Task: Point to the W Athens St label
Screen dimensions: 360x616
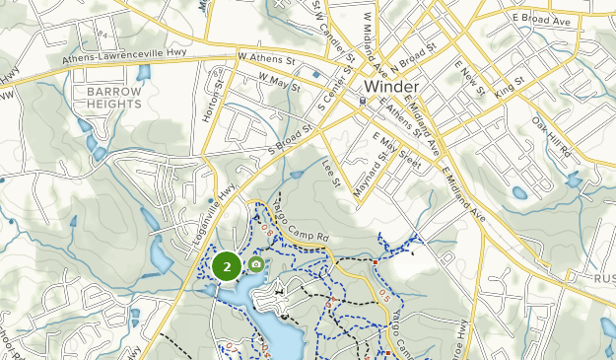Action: tap(267, 60)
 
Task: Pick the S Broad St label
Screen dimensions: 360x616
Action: tap(291, 139)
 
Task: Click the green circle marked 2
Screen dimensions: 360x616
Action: tap(227, 266)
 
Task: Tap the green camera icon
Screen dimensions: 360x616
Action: tap(256, 263)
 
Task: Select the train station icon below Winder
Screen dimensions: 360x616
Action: tap(364, 100)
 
